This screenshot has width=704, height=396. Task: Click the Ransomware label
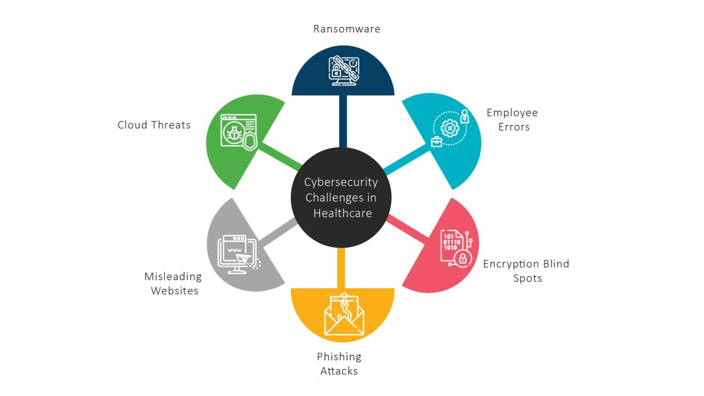pyautogui.click(x=346, y=29)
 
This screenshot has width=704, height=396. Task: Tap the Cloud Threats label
pyautogui.click(x=154, y=125)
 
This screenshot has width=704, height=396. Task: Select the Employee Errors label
pyautogui.click(x=512, y=120)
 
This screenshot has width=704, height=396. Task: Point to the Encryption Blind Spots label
pyautogui.click(x=526, y=271)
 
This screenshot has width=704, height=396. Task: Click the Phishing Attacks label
pyautogui.click(x=339, y=364)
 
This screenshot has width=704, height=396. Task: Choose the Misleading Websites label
pyautogui.click(x=173, y=283)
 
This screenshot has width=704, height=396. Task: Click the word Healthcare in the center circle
pyautogui.click(x=343, y=213)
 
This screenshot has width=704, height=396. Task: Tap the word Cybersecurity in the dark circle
pyautogui.click(x=341, y=182)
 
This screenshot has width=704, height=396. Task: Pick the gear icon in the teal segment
pyautogui.click(x=449, y=129)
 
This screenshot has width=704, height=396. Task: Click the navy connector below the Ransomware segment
pyautogui.click(x=343, y=121)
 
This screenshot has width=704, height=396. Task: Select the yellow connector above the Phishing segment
pyautogui.click(x=341, y=268)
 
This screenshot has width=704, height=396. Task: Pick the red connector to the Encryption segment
pyautogui.click(x=408, y=228)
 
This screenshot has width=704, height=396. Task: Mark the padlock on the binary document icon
pyautogui.click(x=463, y=258)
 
